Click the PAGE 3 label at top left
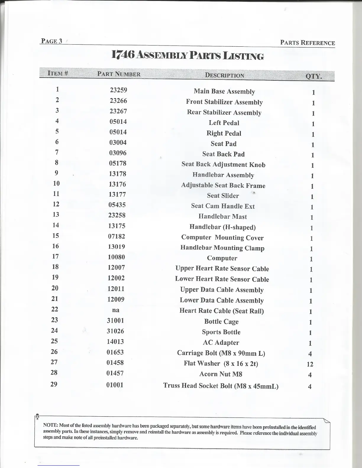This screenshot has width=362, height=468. pos(51,41)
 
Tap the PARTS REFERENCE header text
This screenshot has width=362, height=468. pos(307,43)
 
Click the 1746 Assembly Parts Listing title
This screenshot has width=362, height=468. pos(188,55)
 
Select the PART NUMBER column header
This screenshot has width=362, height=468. pos(119,74)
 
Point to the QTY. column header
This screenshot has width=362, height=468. pos(313,76)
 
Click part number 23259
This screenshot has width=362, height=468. pos(118,90)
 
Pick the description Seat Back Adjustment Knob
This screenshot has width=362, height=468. pos(223,165)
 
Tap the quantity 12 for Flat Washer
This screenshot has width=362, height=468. pos(310,364)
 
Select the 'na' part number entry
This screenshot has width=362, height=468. pos(116,310)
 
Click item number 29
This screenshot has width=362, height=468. pos(54,384)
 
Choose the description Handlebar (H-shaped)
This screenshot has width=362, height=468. pos(222,227)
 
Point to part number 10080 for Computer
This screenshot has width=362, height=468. pos(116,257)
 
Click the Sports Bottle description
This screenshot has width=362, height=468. pos(221,332)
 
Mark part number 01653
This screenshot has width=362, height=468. pos(115,352)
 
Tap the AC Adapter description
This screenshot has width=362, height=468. pos(221,343)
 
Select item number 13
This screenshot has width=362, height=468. pos(56,214)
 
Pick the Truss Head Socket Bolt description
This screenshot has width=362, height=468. pos(221,386)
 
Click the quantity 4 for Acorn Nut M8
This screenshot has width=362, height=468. pos(310,375)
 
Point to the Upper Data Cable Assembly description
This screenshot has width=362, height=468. pos(222,290)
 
